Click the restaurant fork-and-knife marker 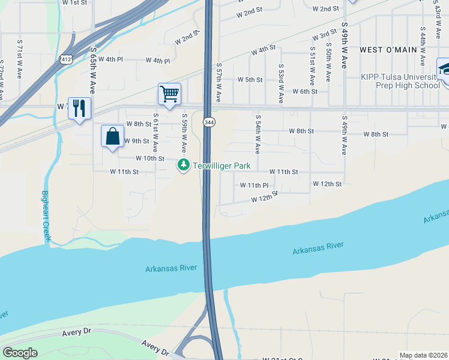coord(79,109)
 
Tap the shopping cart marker coord(169,94)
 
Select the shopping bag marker coord(112,136)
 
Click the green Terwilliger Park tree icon coord(184,164)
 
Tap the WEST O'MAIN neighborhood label coord(388,49)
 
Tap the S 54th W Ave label coord(258,133)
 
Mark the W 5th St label coord(250,79)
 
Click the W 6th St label coord(304,91)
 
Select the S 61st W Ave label coord(155,132)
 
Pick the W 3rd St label coord(324,34)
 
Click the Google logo coord(20,353)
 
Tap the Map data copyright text coord(423,355)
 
